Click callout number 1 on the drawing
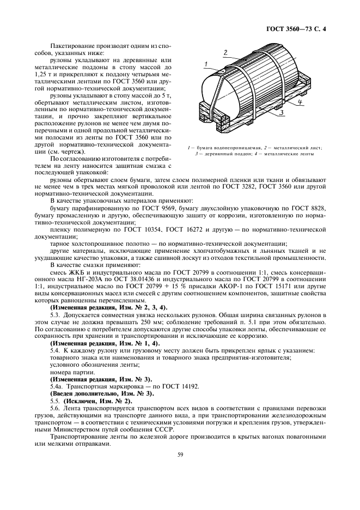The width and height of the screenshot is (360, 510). pyautogui.click(x=206, y=64)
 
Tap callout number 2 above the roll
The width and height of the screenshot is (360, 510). pyautogui.click(x=225, y=52)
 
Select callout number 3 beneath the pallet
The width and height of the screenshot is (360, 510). pyautogui.click(x=282, y=113)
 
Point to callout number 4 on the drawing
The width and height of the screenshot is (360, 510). pyautogui.click(x=301, y=102)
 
